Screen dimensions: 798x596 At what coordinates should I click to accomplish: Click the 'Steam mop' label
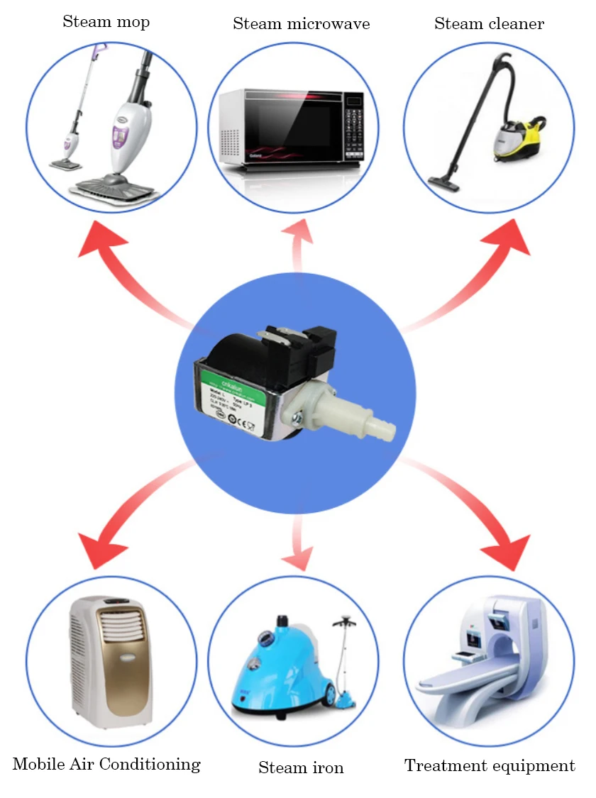pyautogui.click(x=106, y=22)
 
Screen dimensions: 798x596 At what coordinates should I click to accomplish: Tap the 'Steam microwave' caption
pyautogui.click(x=301, y=24)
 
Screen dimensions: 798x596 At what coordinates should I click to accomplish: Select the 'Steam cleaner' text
pyautogui.click(x=489, y=24)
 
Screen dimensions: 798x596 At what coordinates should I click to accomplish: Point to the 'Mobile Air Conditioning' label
pyautogui.click(x=106, y=765)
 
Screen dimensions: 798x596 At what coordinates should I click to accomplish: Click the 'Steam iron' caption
pyautogui.click(x=301, y=768)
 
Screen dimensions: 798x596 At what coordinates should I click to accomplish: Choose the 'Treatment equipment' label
pyautogui.click(x=490, y=766)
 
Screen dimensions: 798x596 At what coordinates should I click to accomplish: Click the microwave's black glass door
pyautogui.click(x=290, y=128)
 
